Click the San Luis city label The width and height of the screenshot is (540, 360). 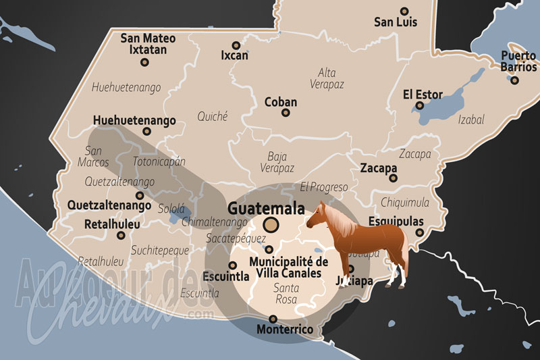(x=396, y=22)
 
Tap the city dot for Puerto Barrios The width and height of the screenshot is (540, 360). (x=514, y=80)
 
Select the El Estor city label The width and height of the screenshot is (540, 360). (x=423, y=94)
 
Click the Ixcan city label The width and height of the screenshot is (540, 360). (x=234, y=55)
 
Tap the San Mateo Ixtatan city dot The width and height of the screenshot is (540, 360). (x=144, y=62)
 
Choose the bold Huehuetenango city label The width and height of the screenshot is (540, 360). (x=134, y=120)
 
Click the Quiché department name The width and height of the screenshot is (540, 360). (x=212, y=116)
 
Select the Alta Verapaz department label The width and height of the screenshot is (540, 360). (x=327, y=78)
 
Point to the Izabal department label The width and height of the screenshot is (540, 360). (x=471, y=120)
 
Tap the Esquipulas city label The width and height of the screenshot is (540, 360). (x=396, y=222)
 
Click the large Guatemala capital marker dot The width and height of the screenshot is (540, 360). (x=271, y=224)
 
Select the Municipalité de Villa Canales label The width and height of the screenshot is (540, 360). (x=289, y=267)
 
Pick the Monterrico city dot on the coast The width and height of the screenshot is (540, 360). (x=273, y=319)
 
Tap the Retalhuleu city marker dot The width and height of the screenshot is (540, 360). (x=121, y=235)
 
